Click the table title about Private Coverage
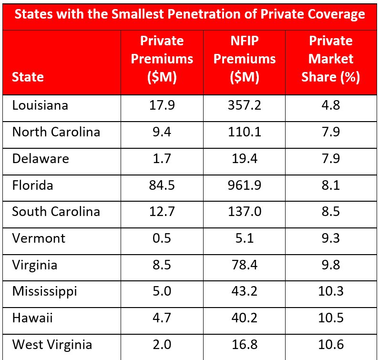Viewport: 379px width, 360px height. pyautogui.click(x=189, y=14)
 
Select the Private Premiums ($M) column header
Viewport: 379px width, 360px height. pyautogui.click(x=162, y=59)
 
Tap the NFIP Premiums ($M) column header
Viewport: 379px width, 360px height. pyautogui.click(x=244, y=59)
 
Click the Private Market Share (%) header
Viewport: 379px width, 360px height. pyautogui.click(x=330, y=59)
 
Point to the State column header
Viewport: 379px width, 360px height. pyautogui.click(x=28, y=77)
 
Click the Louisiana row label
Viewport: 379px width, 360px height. pyautogui.click(x=40, y=105)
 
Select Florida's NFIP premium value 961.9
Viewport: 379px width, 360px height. pyautogui.click(x=244, y=185)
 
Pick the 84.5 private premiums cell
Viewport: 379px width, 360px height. pyautogui.click(x=162, y=185)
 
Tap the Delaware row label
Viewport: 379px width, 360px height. pyautogui.click(x=41, y=159)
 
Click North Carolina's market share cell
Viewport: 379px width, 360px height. pyautogui.click(x=330, y=132)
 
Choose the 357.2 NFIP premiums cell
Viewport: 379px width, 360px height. pyautogui.click(x=244, y=105)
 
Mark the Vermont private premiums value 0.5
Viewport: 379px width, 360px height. pyautogui.click(x=162, y=238)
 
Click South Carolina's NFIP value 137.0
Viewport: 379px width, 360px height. pyautogui.click(x=244, y=212)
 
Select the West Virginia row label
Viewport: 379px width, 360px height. pyautogui.click(x=52, y=345)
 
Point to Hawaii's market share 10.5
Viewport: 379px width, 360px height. pyautogui.click(x=330, y=318)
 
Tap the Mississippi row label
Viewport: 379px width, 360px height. pyautogui.click(x=44, y=291)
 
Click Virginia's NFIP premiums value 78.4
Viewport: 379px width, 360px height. pyautogui.click(x=244, y=265)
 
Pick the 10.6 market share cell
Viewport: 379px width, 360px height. pyautogui.click(x=330, y=345)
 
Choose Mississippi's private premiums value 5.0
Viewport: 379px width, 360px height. pyautogui.click(x=162, y=291)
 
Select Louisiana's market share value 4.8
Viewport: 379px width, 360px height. pyautogui.click(x=330, y=105)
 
